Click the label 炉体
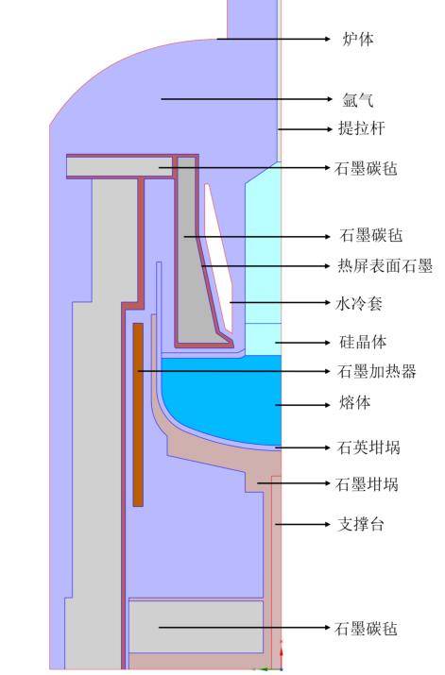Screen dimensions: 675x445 pyautogui.click(x=358, y=39)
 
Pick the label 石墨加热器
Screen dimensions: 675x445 pyautogui.click(x=376, y=371)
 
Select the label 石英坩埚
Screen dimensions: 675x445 pyautogui.click(x=367, y=447)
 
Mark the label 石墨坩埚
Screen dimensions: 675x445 pyautogui.click(x=367, y=484)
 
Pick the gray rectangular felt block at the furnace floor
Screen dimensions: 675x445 pyautogui.click(x=196, y=625)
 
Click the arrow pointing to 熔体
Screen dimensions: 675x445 pyautogui.click(x=303, y=404)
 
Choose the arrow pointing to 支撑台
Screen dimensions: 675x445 pyautogui.click(x=301, y=524)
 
